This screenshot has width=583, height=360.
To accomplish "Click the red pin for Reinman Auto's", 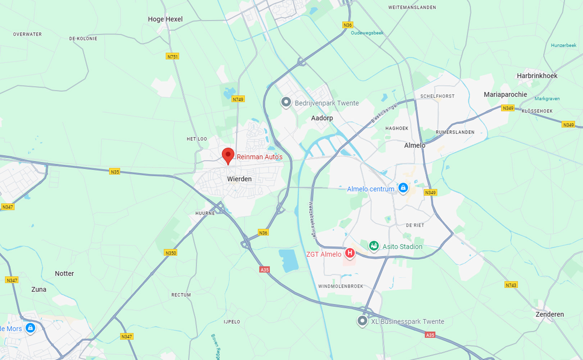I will [x=228, y=156].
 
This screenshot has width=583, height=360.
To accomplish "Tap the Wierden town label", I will [x=239, y=179].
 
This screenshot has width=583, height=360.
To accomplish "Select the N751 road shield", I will [x=172, y=57].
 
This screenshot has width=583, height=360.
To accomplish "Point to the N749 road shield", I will [x=238, y=99].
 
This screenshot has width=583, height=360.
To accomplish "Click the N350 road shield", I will [x=171, y=253].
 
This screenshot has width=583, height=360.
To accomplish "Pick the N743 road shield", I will [x=511, y=285].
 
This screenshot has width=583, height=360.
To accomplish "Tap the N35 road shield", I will [x=115, y=172].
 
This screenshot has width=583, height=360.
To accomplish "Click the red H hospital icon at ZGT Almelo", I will [x=349, y=253].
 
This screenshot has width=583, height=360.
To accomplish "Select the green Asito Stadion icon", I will [x=374, y=246].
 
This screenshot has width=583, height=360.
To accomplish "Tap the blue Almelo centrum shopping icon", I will [x=403, y=188].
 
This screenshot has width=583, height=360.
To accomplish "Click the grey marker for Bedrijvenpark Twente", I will [x=286, y=102].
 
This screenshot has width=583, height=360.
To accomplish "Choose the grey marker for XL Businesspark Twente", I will [x=362, y=320].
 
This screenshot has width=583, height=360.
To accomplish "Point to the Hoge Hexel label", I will [x=165, y=19].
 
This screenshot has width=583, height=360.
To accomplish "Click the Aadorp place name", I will [x=322, y=118].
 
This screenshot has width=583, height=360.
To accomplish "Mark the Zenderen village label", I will [x=550, y=314].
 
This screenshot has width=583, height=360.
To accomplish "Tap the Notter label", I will [x=64, y=274].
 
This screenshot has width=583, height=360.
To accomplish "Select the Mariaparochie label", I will [x=505, y=95].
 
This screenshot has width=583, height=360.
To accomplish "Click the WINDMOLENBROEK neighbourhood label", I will [x=340, y=287].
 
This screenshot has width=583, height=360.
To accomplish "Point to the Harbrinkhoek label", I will [x=537, y=76].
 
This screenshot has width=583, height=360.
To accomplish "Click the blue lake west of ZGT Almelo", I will [x=289, y=260].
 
